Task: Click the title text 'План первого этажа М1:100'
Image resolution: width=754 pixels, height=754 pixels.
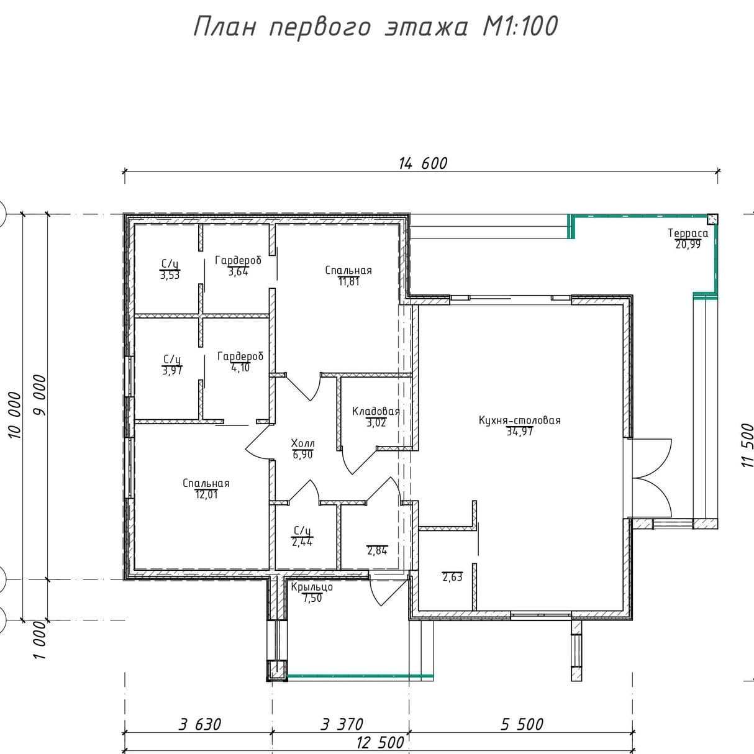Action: [376, 27]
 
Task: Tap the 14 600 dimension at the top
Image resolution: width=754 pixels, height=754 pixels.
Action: [423, 163]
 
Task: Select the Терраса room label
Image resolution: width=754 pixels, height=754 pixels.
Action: [688, 234]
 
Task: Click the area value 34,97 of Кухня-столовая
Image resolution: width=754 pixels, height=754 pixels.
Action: [520, 432]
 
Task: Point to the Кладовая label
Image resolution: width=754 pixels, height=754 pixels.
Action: [376, 411]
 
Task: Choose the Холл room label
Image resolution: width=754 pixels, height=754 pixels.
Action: [303, 443]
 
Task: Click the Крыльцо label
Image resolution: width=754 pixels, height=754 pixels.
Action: [312, 587]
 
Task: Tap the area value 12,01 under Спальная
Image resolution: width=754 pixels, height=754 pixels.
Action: [206, 494]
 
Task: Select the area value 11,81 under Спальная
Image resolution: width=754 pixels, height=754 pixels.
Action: [348, 282]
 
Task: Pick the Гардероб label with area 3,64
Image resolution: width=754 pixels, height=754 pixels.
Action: [238, 261]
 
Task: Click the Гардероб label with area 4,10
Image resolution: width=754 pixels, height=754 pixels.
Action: [240, 357]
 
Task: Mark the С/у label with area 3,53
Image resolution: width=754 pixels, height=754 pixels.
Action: [170, 264]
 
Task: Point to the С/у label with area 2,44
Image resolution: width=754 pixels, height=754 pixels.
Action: [302, 531]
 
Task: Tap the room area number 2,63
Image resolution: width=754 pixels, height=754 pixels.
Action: [452, 577]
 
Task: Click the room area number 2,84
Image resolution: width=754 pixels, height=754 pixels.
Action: [377, 550]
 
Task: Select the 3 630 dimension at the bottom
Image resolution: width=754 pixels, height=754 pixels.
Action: [200, 724]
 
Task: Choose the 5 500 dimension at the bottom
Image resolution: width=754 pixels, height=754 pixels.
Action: [522, 724]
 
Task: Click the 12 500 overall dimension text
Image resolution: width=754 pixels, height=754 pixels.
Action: [380, 742]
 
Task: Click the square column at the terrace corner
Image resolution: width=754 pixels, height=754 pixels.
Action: [712, 219]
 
